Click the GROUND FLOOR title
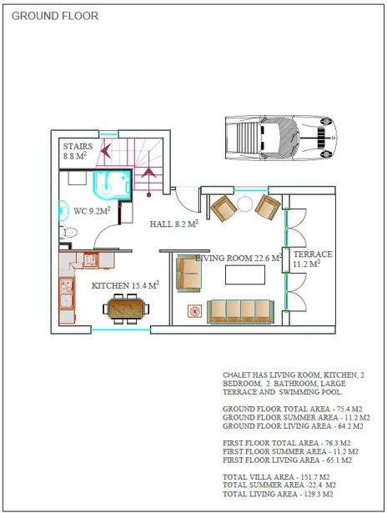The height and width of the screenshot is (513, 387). (55, 16)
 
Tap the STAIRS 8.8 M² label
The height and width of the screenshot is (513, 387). (78, 151)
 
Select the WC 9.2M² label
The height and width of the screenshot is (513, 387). (92, 211)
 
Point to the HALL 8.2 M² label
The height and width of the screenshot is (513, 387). (174, 224)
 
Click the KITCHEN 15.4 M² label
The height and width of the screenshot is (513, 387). (125, 285)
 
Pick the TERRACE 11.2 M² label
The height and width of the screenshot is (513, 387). (313, 259)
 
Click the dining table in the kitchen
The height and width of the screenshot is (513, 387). (126, 309)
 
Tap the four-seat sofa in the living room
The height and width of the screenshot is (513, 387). (240, 312)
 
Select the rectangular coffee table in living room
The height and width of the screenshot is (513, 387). (245, 274)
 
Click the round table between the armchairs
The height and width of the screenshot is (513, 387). (244, 204)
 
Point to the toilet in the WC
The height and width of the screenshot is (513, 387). (68, 233)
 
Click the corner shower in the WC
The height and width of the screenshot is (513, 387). (113, 185)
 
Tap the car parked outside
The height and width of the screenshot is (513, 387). (281, 138)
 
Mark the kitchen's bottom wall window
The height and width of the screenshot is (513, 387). (121, 329)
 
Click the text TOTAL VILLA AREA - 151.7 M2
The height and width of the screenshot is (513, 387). (276, 477)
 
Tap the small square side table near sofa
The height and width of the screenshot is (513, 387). (194, 311)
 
